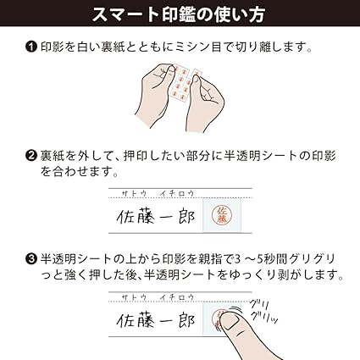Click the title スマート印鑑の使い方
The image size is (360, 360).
tap(180, 15)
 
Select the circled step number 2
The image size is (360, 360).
tap(31, 157)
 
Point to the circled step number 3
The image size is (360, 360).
tap(31, 259)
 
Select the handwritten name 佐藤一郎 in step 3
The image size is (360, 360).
tap(156, 322)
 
